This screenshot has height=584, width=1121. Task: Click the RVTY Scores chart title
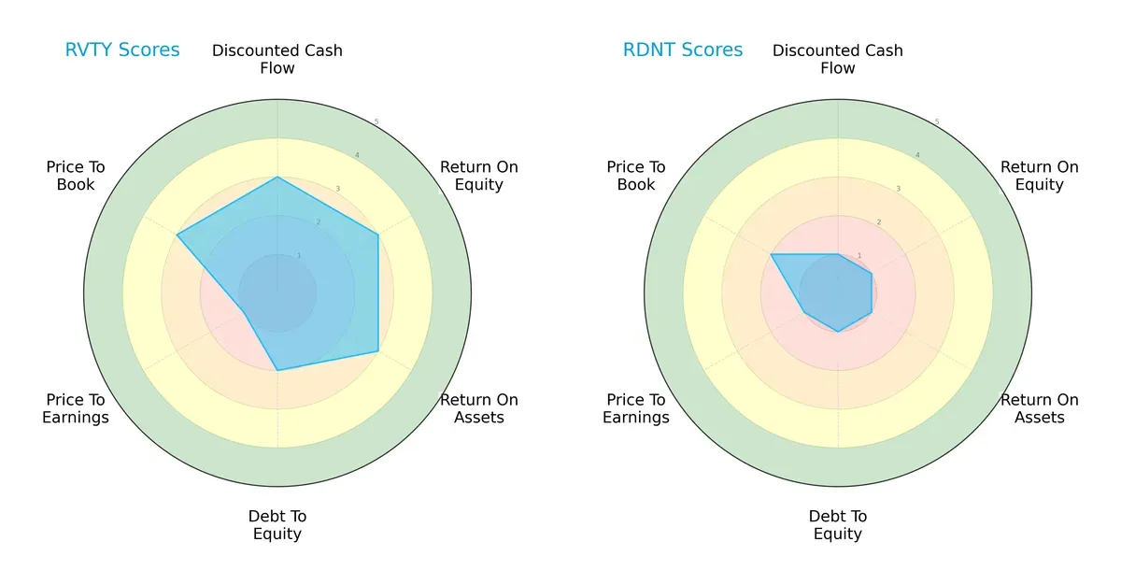point(121,50)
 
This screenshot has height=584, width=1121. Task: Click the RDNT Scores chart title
point(682,50)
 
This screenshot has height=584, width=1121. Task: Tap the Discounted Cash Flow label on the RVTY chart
point(277,59)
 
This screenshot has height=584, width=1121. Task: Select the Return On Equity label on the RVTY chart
point(479,176)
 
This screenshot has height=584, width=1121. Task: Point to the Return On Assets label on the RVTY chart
point(479,408)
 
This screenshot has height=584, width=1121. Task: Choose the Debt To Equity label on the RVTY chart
point(277,525)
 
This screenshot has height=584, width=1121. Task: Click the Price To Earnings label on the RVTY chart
point(76,408)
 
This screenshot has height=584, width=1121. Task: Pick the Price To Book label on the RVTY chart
point(76,176)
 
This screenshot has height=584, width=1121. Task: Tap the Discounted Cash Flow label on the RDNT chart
point(838,59)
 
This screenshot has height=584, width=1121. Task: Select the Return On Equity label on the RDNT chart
point(1040,176)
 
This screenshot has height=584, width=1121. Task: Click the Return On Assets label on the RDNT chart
point(1040,408)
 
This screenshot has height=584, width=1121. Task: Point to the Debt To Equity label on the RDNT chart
point(838,525)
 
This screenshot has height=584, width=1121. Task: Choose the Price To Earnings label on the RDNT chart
point(636,408)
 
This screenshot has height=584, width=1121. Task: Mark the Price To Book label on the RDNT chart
point(636,176)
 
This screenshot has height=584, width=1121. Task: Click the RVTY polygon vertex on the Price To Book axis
point(177,235)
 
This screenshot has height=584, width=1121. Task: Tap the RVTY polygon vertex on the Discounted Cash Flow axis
point(277,177)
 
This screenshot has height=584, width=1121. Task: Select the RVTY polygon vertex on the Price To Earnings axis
point(244,312)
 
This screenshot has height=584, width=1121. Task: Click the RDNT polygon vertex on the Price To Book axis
point(771,254)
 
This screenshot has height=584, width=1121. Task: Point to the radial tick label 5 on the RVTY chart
point(376,122)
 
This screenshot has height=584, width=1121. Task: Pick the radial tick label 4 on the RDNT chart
point(916,155)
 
